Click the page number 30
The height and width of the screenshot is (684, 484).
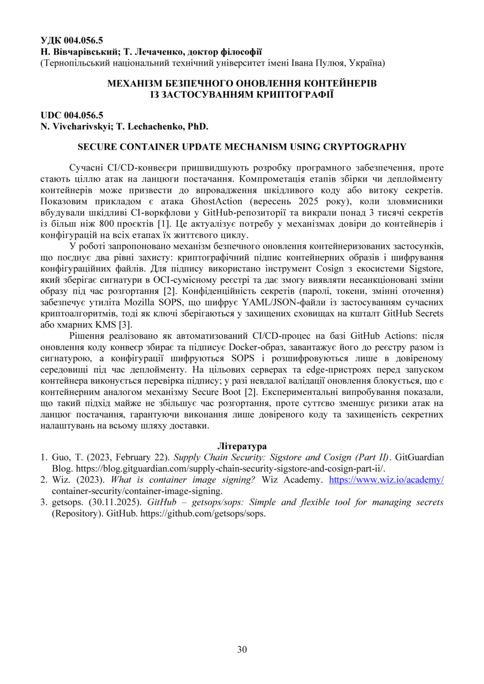tap(242, 649)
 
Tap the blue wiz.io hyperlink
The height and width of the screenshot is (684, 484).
tap(386, 480)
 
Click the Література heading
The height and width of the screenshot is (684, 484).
tap(242, 446)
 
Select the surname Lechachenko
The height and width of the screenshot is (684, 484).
tap(156, 126)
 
